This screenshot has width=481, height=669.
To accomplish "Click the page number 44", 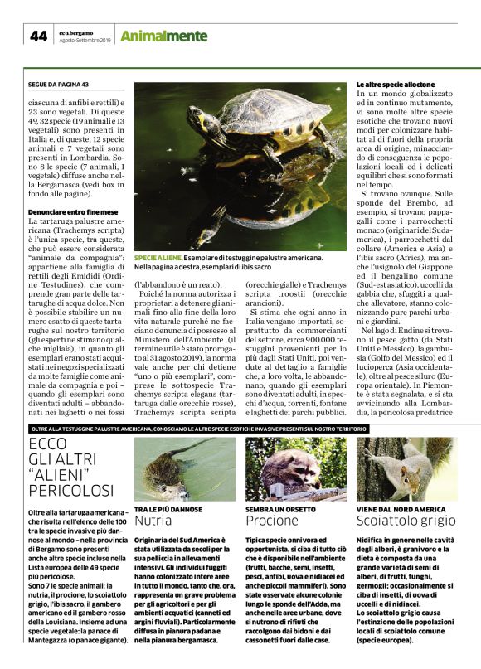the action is point(39,36).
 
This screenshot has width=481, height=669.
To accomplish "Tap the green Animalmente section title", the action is point(163,36).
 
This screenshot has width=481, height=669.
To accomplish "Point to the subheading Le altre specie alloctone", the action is point(395,85).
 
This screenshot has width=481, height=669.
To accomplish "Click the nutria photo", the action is point(183,468).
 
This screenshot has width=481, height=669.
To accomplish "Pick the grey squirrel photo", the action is point(406,469).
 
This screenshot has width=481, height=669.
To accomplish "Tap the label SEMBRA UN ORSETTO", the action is point(279,508).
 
